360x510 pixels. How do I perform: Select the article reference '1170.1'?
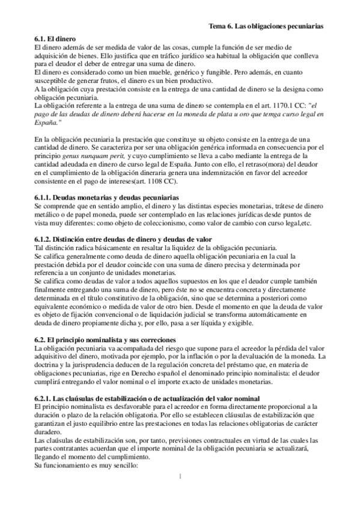click(268, 105)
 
